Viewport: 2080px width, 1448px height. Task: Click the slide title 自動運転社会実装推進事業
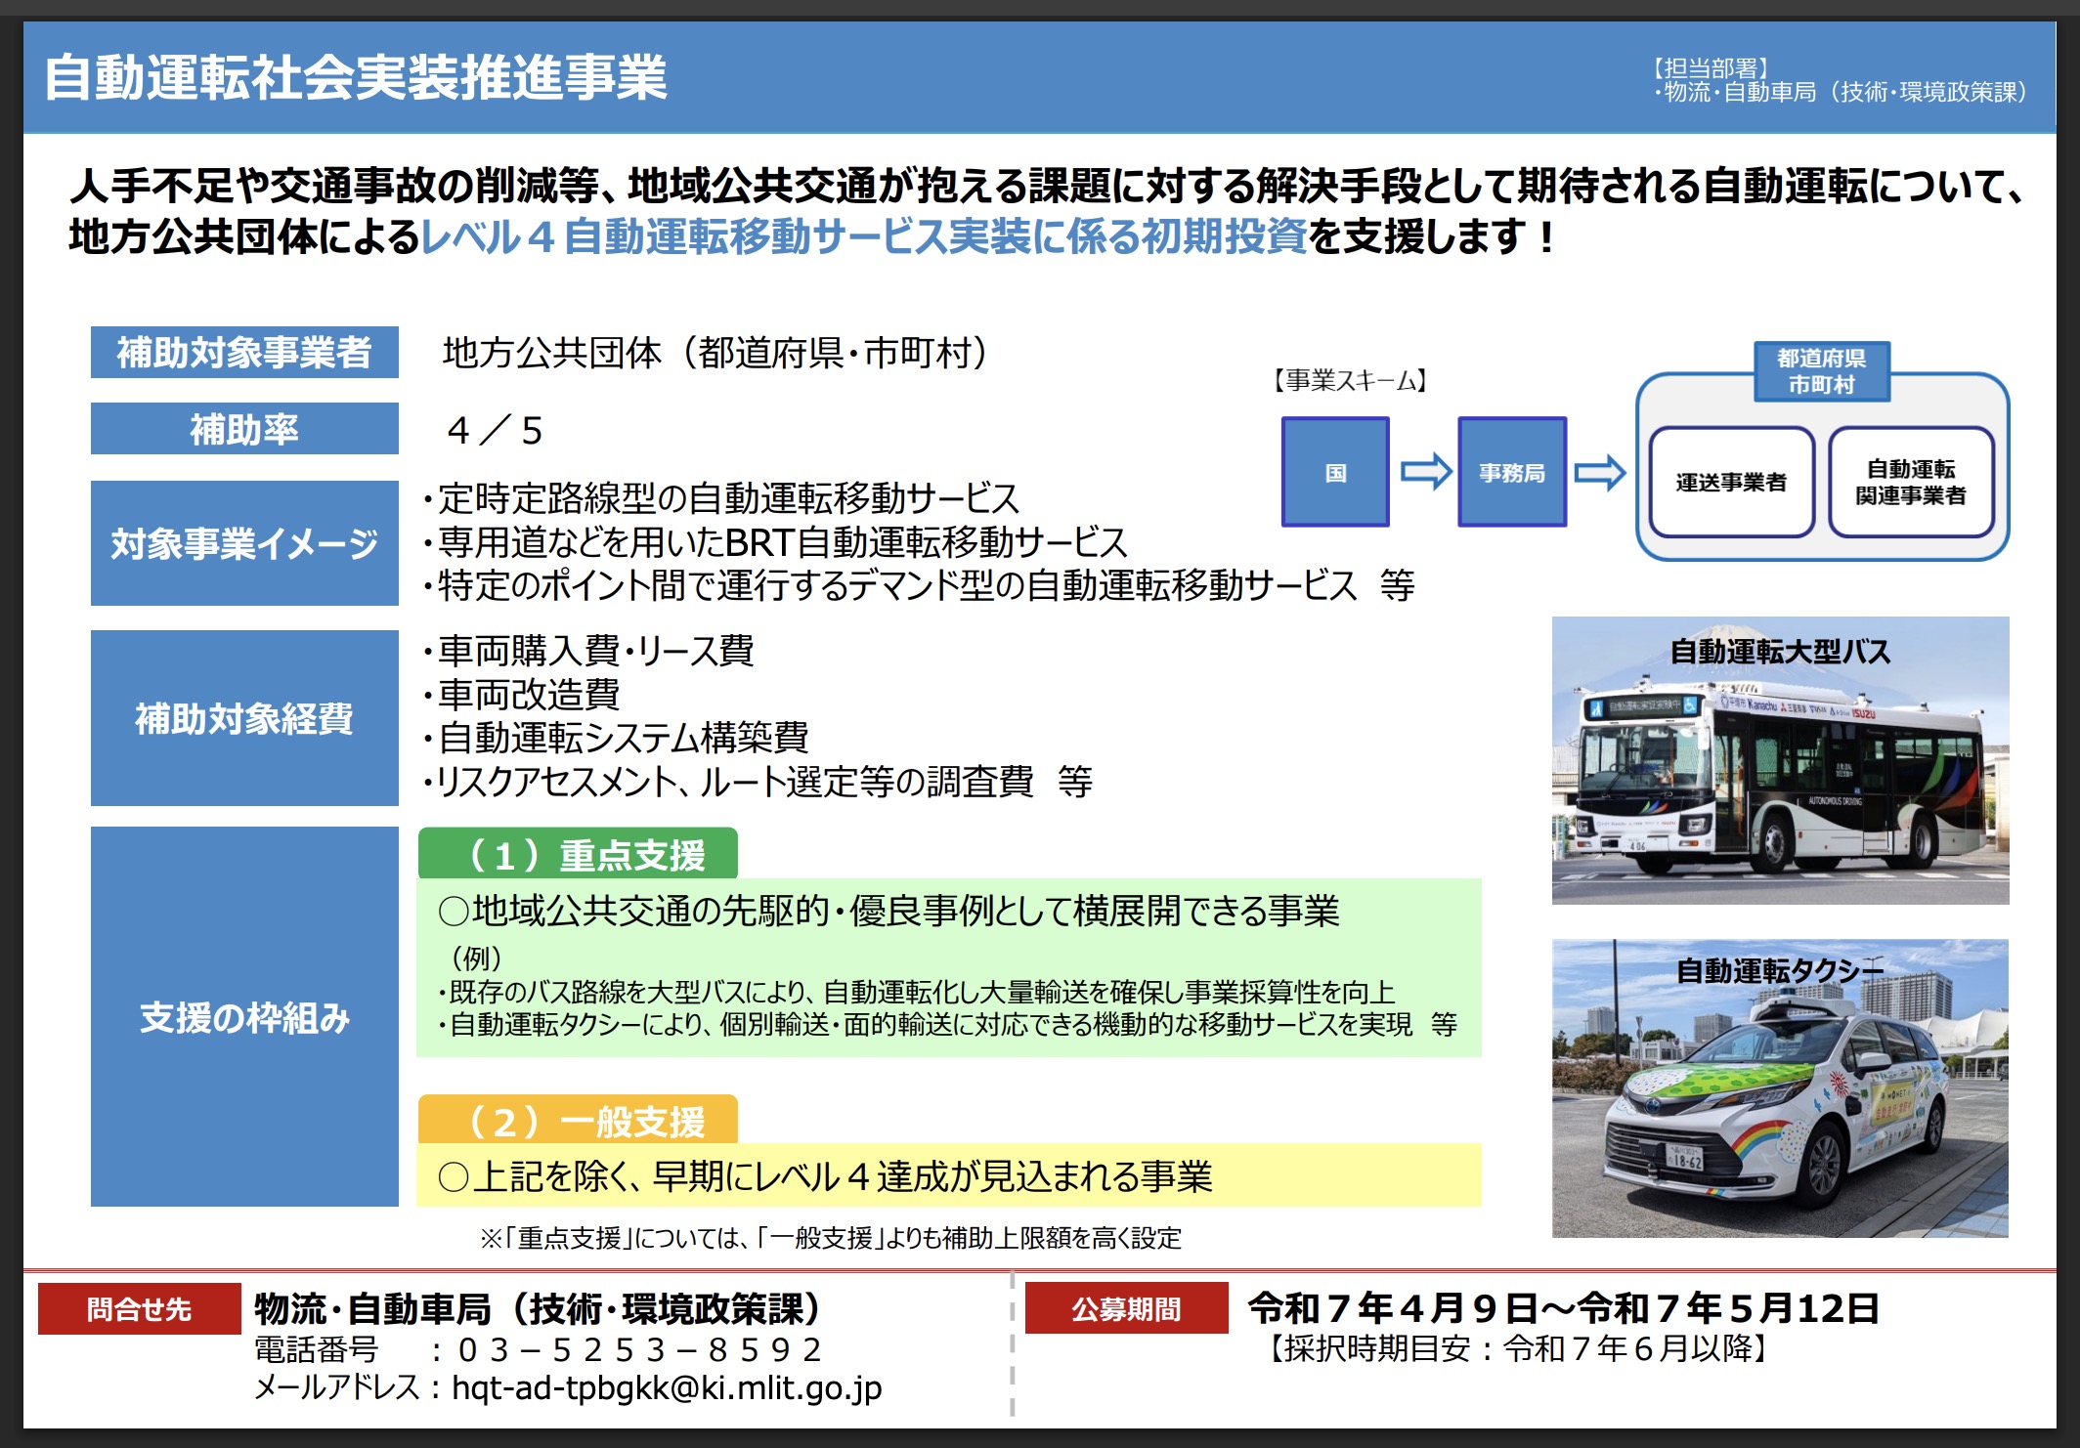point(356,77)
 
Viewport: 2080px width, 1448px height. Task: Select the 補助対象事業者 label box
point(244,352)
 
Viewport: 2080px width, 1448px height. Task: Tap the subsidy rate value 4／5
point(495,430)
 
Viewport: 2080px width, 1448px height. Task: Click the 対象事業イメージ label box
point(244,543)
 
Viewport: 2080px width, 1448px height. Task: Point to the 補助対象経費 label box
point(244,718)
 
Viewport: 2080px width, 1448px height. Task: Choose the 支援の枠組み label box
point(244,1017)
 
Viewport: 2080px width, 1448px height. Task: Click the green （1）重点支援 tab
point(578,854)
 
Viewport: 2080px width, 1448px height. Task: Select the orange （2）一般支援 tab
point(578,1120)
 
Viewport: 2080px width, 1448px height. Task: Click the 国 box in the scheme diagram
point(1335,472)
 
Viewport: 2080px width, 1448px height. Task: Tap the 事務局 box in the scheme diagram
point(1512,472)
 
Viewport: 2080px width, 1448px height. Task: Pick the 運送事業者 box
point(1731,482)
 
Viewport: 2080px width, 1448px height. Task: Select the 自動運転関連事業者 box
point(1911,482)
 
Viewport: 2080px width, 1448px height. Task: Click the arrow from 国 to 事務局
point(1426,472)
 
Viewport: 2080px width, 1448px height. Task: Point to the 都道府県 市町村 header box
point(1822,371)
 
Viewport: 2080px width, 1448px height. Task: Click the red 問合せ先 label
point(139,1308)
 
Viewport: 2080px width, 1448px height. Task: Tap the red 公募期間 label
point(1126,1308)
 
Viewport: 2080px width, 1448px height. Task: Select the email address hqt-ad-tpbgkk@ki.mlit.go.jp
point(667,1387)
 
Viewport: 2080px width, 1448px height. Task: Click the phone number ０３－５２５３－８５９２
point(640,1349)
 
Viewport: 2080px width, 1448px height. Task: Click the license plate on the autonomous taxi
point(1684,1159)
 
